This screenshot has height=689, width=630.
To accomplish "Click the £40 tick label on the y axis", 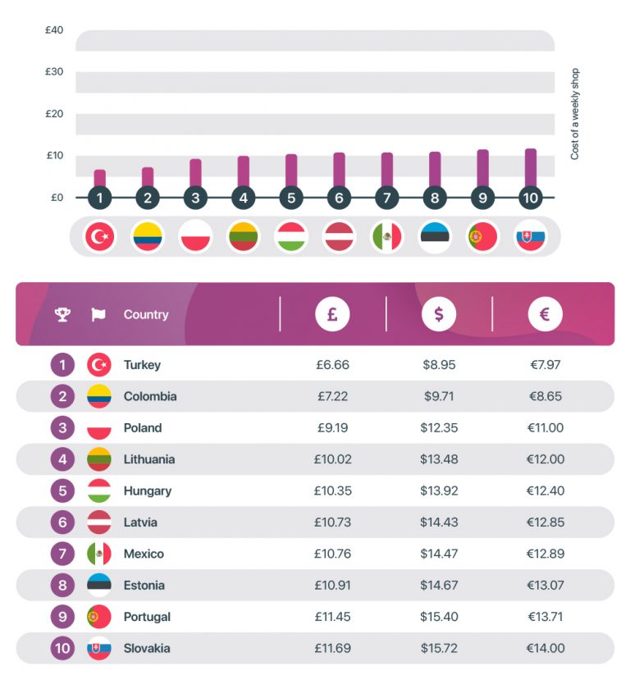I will pos(54,30).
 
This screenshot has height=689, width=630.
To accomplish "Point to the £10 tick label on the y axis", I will pos(54,156).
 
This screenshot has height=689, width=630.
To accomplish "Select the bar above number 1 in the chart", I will pos(100,179).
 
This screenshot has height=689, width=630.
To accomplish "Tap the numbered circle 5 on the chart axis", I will pos(291,198).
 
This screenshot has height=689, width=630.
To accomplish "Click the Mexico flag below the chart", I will pos(387,237).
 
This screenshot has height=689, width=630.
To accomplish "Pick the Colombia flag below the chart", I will pos(148,237).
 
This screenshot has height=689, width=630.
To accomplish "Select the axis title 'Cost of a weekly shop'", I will pos(574,114).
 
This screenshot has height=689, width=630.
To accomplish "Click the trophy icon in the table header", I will pos(62,314).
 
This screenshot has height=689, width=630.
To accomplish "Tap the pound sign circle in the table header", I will pos(333,314).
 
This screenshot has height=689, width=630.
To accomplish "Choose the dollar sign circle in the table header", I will pos(439,314).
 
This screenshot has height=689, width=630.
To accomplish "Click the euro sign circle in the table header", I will pos(546,314).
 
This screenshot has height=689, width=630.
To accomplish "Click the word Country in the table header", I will pos(146,314).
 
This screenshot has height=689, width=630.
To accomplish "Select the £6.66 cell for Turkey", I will pos(332,365).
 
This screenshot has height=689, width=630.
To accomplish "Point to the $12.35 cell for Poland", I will pos(439,428).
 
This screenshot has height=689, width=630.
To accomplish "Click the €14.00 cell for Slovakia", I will pos(546,648).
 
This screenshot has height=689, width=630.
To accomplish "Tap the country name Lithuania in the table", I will pos(149,459).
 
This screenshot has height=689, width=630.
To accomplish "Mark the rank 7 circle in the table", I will pos(62,554).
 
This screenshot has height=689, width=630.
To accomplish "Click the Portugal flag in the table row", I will pos(99,617).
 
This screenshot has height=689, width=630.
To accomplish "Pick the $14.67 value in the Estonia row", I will pos(439,586).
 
